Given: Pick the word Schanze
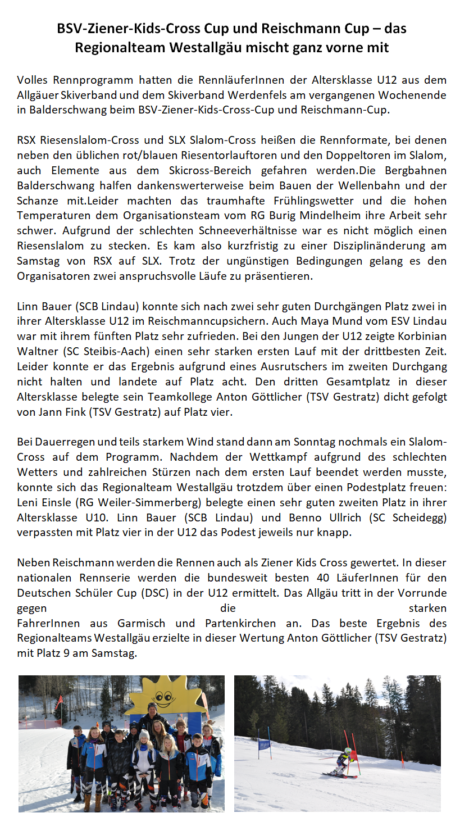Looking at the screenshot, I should point(38,201).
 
